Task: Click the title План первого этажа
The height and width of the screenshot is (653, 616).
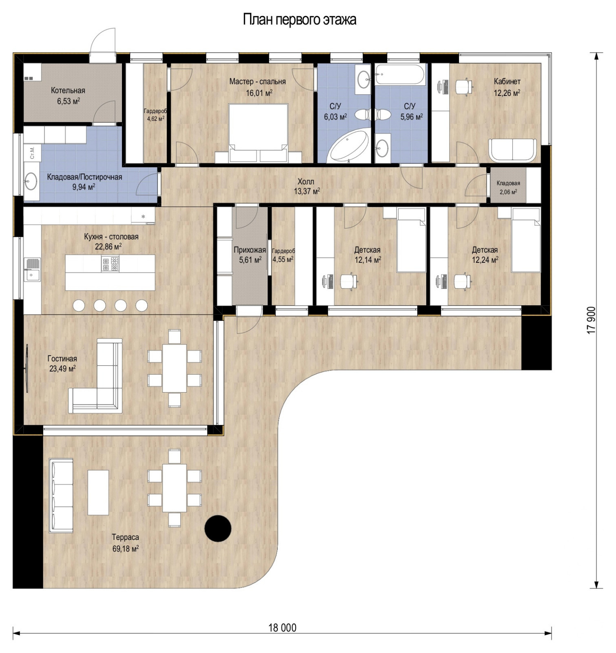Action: [299, 19]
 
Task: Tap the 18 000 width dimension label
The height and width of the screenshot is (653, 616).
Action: [282, 627]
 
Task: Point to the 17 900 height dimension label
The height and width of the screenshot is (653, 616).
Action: [591, 320]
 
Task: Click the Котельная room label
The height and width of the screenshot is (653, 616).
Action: [68, 91]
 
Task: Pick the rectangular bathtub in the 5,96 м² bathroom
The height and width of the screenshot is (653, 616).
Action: [400, 75]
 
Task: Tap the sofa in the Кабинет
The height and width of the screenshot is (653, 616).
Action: [513, 150]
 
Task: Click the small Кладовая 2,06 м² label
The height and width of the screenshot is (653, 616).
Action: [508, 183]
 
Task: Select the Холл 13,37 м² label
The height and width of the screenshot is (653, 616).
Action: [306, 186]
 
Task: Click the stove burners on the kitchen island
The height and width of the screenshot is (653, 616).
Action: [110, 264]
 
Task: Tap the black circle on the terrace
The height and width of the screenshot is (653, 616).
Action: [218, 528]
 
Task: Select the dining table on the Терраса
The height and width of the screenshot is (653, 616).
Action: [175, 488]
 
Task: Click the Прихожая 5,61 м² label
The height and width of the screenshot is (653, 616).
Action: [250, 254]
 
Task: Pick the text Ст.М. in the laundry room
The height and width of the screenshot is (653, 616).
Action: [32, 152]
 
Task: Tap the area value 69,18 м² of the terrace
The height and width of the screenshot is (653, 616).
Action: [126, 549]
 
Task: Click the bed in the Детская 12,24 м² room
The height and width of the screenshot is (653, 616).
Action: [526, 241]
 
